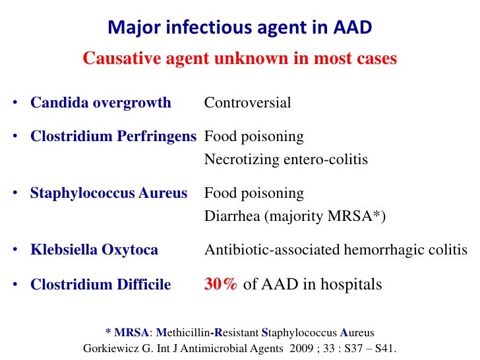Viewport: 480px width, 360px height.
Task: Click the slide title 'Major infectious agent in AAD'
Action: pyautogui.click(x=240, y=27)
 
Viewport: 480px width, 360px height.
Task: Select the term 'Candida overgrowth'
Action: pyautogui.click(x=101, y=103)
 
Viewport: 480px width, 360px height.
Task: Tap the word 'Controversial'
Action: pyautogui.click(x=247, y=103)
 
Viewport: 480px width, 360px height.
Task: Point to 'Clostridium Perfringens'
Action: pyautogui.click(x=113, y=137)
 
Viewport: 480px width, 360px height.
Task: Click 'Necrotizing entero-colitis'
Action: pyautogui.click(x=286, y=160)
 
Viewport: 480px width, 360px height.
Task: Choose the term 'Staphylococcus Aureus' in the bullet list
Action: pyautogui.click(x=109, y=194)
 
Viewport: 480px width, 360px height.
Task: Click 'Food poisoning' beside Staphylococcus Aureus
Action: pyautogui.click(x=254, y=194)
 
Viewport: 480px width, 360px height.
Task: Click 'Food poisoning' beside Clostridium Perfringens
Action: pyautogui.click(x=254, y=137)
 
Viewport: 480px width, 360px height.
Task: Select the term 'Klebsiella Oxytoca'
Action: pyautogui.click(x=94, y=250)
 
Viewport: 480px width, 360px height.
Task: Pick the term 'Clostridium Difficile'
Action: pyautogui.click(x=101, y=285)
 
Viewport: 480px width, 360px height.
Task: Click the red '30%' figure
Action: pyautogui.click(x=221, y=285)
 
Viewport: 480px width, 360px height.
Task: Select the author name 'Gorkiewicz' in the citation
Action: pyautogui.click(x=113, y=348)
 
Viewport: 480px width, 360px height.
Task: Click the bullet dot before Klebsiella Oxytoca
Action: pyautogui.click(x=15, y=251)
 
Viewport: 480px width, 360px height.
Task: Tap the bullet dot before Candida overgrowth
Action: pyautogui.click(x=15, y=104)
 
